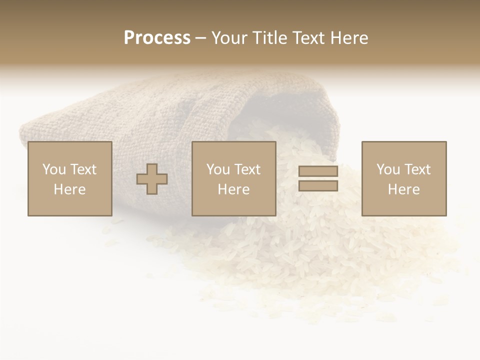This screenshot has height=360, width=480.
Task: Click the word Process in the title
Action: tap(157, 38)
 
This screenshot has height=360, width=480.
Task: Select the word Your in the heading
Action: tap(229, 38)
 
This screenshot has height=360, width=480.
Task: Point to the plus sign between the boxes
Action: tap(152, 179)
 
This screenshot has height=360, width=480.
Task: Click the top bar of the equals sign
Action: tap(318, 171)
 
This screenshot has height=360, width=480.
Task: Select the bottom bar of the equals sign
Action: tap(318, 186)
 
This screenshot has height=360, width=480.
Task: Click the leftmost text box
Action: tap(69, 178)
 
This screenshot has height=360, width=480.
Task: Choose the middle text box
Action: tap(233, 178)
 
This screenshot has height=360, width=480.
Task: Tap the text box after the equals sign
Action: tap(403, 178)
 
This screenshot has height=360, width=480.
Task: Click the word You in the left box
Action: tap(53, 169)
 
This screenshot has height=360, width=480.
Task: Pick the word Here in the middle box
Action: tap(233, 189)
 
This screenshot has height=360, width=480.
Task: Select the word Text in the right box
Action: tap(417, 169)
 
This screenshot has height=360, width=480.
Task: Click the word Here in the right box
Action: tap(403, 189)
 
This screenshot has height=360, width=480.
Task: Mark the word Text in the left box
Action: tap(83, 169)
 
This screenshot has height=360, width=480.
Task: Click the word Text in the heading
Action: tap(307, 38)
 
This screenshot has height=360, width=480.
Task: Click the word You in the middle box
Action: tap(217, 169)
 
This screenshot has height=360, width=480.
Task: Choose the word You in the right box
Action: tap(387, 169)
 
